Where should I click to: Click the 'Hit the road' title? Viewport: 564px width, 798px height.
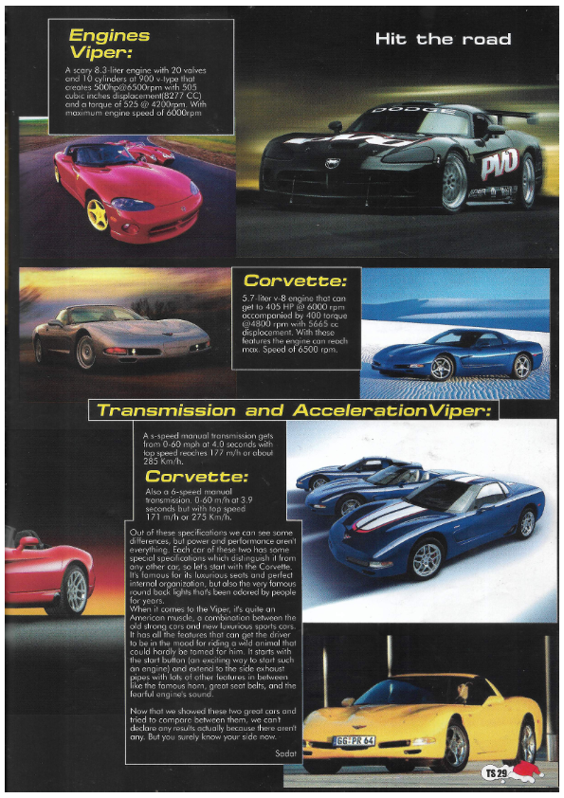443,39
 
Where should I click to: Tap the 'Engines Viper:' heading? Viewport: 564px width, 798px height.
109,45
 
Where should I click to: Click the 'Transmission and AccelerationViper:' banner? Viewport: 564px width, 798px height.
293,410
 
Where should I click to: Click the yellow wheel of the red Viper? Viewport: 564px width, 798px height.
97,213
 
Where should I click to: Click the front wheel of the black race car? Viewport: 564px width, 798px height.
454,181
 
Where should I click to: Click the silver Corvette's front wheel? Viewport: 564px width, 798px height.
86,353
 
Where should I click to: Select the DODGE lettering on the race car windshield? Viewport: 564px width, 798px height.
399,111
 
